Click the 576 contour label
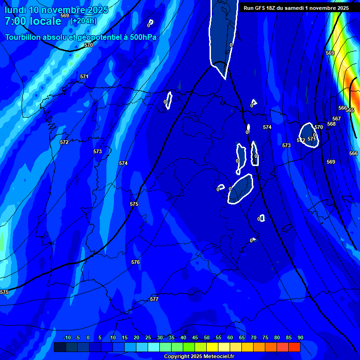click(x=135, y=262)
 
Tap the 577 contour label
click(x=154, y=299)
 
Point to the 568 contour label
click(x=331, y=124)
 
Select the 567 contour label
click(x=337, y=119)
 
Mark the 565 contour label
click(x=350, y=111)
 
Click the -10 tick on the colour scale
click(x=66, y=337)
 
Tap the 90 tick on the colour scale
click(x=300, y=337)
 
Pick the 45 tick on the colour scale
click(x=195, y=337)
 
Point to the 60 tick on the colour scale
click(x=230, y=337)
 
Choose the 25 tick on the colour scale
click(x=148, y=337)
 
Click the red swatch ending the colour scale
click(x=294, y=347)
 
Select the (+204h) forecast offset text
click(x=83, y=21)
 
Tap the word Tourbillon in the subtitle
click(x=24, y=37)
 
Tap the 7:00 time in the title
click(x=16, y=21)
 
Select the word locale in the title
click(x=45, y=21)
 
